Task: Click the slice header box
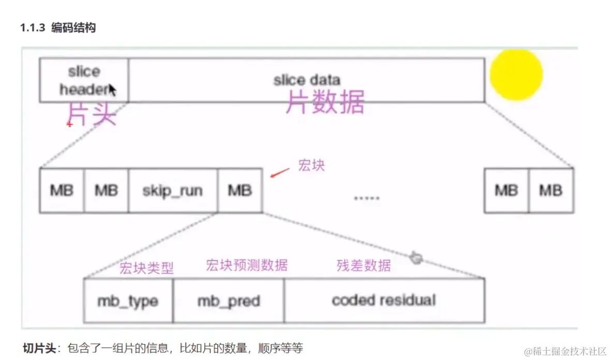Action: [84, 80]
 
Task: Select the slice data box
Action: [306, 80]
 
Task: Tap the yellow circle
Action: [515, 74]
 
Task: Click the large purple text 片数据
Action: [325, 101]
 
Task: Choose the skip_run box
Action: [173, 190]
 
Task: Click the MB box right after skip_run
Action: [240, 190]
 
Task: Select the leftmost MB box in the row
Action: [62, 190]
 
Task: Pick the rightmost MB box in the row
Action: [551, 190]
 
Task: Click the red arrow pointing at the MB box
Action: [280, 173]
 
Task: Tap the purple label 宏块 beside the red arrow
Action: [311, 166]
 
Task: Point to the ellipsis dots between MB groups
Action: [367, 198]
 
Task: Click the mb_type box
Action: [128, 301]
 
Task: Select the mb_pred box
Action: [228, 301]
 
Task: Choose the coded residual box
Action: [384, 301]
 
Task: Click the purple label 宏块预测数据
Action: [246, 265]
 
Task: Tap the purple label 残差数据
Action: [364, 265]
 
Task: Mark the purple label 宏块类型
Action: [146, 268]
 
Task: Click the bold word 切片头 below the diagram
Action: [38, 347]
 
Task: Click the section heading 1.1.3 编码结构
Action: [58, 28]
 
